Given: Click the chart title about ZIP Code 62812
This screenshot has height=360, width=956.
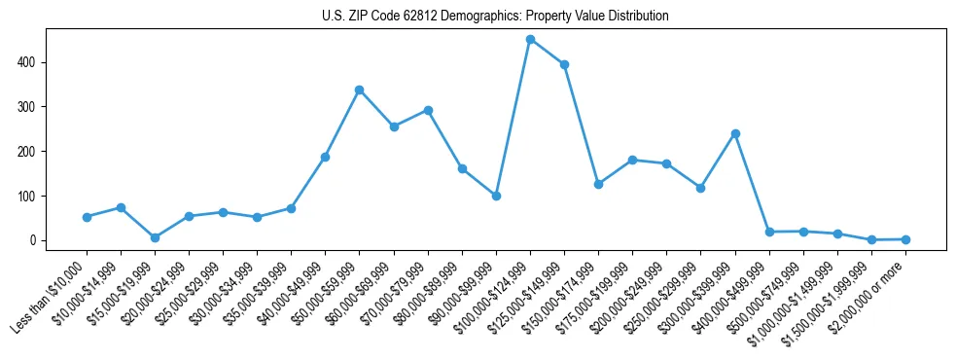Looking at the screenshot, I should [495, 17].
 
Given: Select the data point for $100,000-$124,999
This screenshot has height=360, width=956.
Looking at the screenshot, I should [530, 40].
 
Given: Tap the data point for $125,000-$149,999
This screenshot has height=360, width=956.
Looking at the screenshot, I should [564, 64].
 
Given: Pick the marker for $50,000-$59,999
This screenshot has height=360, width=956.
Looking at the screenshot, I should [360, 90].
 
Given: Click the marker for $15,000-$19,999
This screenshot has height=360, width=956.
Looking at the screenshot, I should [155, 237].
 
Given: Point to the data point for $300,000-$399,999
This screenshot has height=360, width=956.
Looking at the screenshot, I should [735, 133].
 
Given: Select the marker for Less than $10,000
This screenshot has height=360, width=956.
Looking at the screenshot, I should [87, 217].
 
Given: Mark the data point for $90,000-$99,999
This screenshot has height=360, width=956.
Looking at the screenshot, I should [496, 196].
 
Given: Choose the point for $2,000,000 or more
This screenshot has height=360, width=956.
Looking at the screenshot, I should [905, 239].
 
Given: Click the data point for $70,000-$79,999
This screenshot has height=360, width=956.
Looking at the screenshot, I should [428, 110].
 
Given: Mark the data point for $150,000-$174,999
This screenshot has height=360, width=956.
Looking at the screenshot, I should [598, 184].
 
